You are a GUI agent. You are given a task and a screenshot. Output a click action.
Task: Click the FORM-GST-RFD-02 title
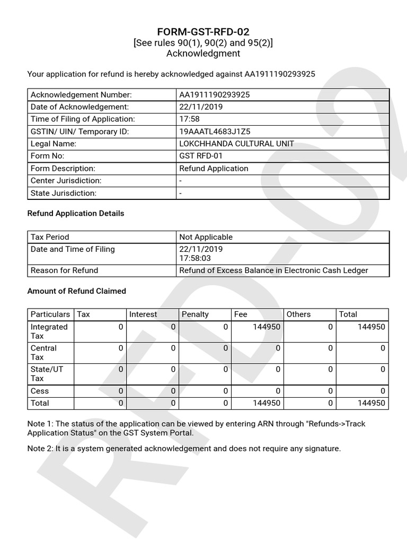203,32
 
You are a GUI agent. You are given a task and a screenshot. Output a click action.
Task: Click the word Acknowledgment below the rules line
203,54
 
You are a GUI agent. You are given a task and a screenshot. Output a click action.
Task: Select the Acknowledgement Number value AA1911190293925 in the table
215,95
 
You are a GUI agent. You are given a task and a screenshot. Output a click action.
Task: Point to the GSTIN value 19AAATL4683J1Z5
215,132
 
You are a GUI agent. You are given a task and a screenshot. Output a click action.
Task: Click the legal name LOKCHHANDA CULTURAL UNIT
236,144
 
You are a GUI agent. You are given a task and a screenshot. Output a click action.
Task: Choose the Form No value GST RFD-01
201,156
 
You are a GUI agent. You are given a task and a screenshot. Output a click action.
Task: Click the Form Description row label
63,168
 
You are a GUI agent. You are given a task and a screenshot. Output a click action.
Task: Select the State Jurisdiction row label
64,193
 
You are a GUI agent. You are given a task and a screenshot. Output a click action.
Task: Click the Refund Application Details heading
75,213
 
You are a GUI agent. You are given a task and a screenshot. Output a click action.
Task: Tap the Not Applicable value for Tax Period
206,237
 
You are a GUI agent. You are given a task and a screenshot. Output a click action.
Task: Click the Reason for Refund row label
64,270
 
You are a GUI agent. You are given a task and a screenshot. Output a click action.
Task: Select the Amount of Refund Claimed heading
76,291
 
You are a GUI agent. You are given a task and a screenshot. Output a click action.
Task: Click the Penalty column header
195,314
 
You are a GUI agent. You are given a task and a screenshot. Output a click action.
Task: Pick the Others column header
298,314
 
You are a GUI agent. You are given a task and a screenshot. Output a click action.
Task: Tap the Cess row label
40,391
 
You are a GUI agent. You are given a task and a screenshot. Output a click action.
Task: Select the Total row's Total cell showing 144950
371,403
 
